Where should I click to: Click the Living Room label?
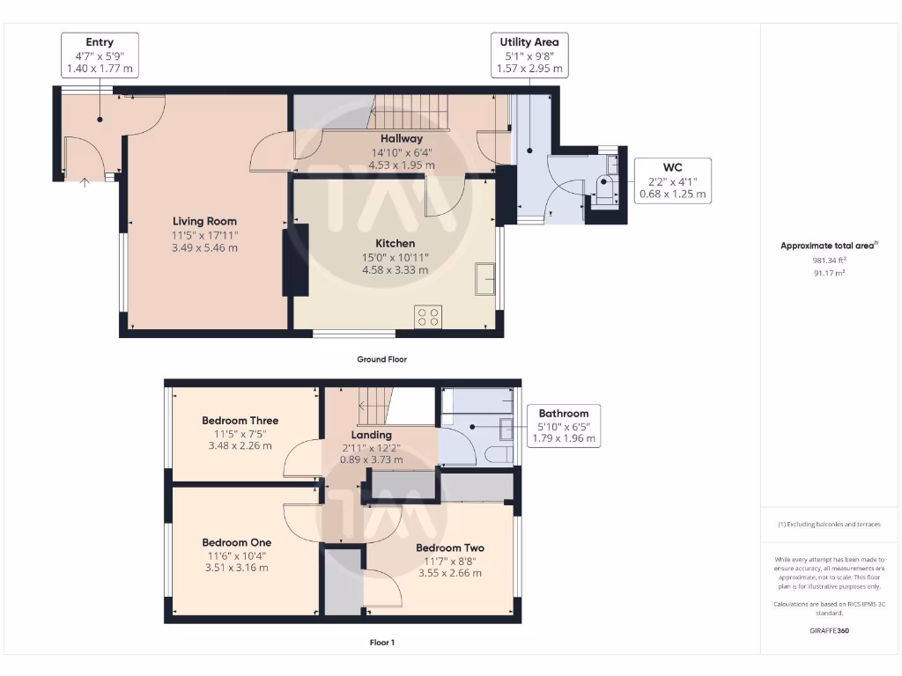coord(204,221)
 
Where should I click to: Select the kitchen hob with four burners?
coord(428,317)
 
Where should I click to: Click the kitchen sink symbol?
coord(484,278)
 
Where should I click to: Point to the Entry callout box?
coord(100,55)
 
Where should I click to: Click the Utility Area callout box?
coord(529,55)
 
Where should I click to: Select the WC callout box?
coord(672,180)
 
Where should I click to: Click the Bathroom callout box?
coord(564,425)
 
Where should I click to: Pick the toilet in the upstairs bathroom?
coord(495,455)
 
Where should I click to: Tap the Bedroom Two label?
coord(449,547)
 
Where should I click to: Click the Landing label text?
coord(371,435)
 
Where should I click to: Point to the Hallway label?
coord(401,138)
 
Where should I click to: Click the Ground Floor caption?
coord(381,359)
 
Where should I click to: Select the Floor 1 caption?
coord(381,643)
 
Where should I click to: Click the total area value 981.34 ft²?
coord(828,261)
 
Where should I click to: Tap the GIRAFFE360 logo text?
coord(828,630)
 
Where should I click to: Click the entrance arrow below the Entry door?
coord(85,183)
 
